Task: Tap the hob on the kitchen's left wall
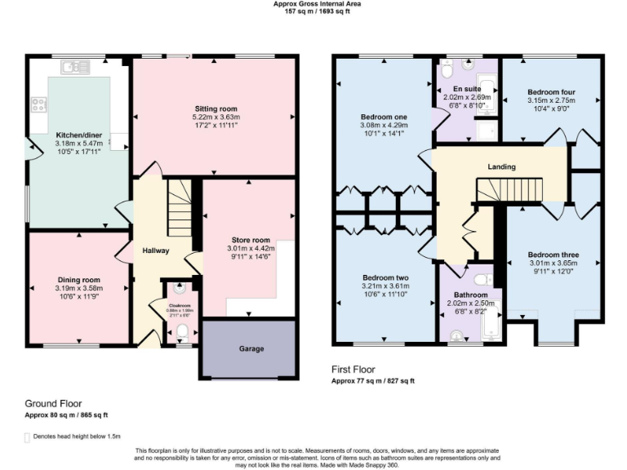tap(37, 104)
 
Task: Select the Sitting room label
tap(216, 109)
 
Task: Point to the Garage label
tap(251, 348)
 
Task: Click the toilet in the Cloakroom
tap(182, 331)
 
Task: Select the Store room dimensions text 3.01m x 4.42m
tap(250, 249)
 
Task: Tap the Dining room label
tap(78, 278)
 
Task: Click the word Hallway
tap(155, 251)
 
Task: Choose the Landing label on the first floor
tap(501, 167)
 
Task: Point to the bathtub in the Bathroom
tap(491, 323)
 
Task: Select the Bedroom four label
tap(549, 92)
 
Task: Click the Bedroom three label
tap(553, 255)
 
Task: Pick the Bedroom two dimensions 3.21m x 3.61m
tap(385, 286)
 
